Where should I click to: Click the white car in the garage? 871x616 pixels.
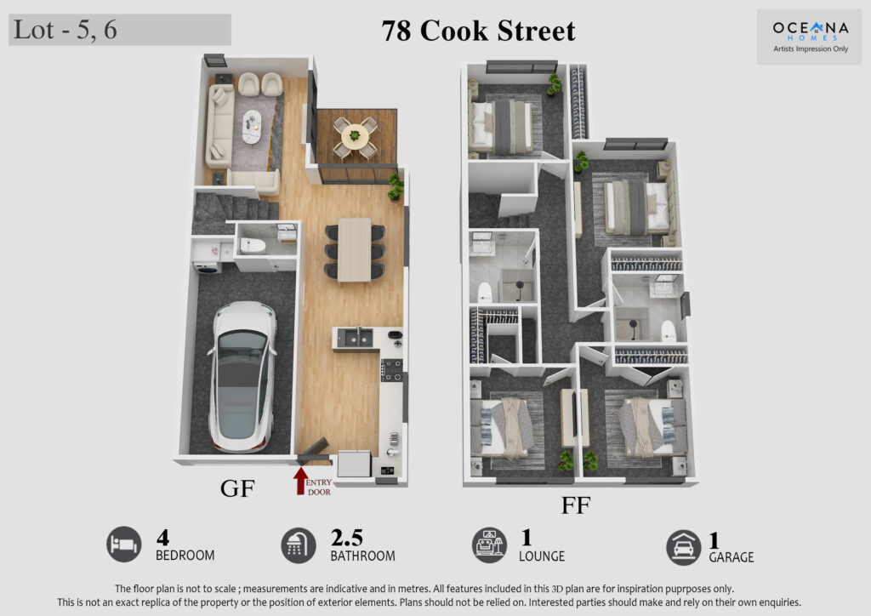coord(242,377)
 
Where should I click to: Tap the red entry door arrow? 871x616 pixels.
coord(300,481)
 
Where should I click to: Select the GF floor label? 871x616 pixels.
coord(238,488)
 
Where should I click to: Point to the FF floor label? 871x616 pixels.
coord(576,505)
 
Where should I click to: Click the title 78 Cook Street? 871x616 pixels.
coord(478,31)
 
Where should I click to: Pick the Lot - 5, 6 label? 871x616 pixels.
coord(65,30)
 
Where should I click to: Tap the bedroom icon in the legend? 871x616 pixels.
coord(124,545)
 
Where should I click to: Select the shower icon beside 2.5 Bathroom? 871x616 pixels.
coord(299,545)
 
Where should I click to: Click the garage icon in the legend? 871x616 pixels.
coord(683,548)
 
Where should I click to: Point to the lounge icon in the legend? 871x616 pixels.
coord(489,545)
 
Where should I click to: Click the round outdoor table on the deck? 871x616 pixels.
coord(355,135)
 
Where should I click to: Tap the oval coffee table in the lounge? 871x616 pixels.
coord(252,128)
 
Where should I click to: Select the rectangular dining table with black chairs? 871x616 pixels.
coord(355,250)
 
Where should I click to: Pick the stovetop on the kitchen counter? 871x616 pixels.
coord(392,370)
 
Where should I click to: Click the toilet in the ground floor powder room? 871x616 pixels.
coord(253,246)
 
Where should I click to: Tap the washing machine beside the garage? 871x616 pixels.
coord(207,266)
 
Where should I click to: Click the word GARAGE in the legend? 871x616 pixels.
coord(731,557)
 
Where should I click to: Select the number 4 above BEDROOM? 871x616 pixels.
coord(162,538)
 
